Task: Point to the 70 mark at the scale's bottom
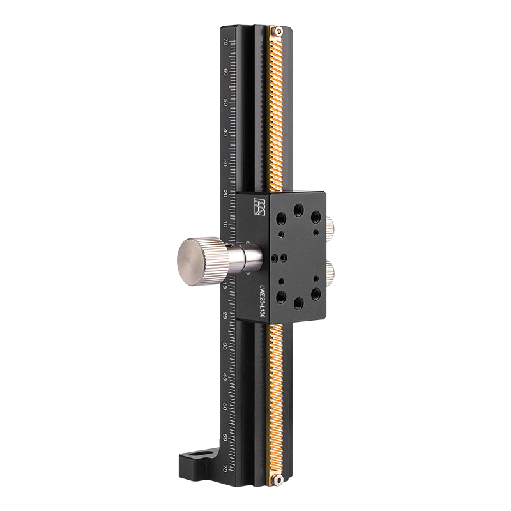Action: pyautogui.click(x=225, y=468)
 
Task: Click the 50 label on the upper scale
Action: pyautogui.click(x=225, y=102)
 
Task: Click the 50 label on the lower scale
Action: pyautogui.click(x=225, y=407)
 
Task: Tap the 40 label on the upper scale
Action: pyautogui.click(x=225, y=133)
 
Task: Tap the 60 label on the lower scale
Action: pyautogui.click(x=225, y=438)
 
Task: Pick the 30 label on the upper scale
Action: pyautogui.click(x=225, y=164)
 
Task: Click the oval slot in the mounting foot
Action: pyautogui.click(x=201, y=455)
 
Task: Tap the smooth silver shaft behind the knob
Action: pyautogui.click(x=246, y=259)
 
